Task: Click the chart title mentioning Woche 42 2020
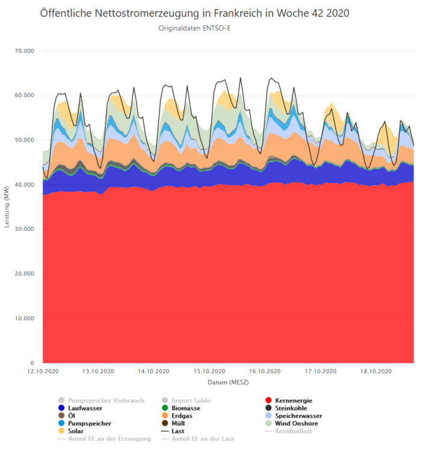194,13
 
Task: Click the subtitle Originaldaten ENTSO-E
194,28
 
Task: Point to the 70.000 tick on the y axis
25,51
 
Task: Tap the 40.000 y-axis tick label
25,184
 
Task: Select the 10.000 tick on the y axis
25,318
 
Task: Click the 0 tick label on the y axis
32,363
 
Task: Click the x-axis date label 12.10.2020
43,371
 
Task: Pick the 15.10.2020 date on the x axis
209,371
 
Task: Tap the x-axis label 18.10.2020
376,371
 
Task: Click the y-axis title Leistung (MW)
7,207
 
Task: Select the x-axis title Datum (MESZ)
228,382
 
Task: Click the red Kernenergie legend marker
268,400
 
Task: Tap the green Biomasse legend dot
165,408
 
